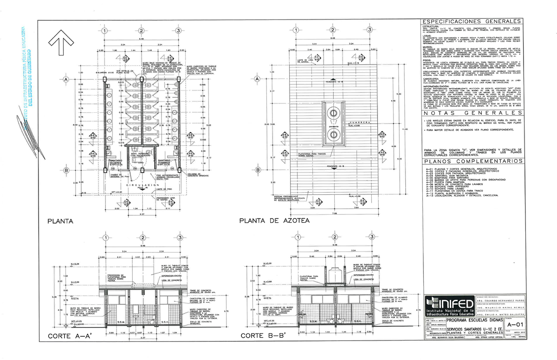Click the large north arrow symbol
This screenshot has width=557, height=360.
tap(62, 43)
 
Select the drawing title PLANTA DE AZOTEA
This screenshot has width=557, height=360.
tap(274, 221)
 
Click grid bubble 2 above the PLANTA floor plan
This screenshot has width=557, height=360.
tap(140, 31)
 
